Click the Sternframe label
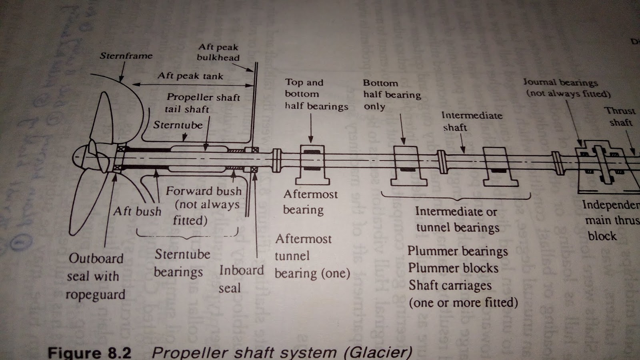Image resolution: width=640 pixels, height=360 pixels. tap(126, 56)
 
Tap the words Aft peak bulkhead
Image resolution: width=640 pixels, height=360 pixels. tap(218, 52)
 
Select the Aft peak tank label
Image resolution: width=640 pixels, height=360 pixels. tap(190, 76)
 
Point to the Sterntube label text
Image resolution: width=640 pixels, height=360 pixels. tap(178, 125)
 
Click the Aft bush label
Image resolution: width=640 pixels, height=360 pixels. tap(137, 211)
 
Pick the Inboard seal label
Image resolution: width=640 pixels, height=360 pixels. tap(241, 279)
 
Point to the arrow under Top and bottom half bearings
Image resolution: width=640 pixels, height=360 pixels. tap(311, 128)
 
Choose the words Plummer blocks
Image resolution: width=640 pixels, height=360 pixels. tap(453, 268)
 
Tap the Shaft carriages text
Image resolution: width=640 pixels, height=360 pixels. tap(450, 286)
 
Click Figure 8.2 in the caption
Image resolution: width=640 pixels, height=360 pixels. tap(89, 353)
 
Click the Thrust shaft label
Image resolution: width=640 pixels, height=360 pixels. tap(620, 116)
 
